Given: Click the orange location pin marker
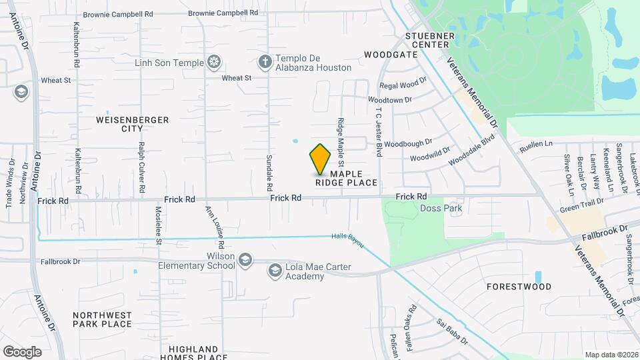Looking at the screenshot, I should tap(321, 159).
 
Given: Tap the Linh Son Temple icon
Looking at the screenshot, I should tap(214, 63).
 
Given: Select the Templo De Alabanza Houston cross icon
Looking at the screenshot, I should tap(265, 63).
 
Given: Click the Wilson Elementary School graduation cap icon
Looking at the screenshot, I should tap(245, 259).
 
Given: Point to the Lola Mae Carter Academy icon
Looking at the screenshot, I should tap(275, 270).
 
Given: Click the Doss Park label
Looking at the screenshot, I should tap(441, 208).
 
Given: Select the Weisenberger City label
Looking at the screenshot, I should tap(133, 124).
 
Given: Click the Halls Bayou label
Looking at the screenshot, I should tap(348, 241).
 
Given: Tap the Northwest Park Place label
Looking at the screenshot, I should tap(102, 319).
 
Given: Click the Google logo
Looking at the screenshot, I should tap(22, 351).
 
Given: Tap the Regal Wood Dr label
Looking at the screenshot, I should tap(403, 85).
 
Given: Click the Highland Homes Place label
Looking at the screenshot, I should tap(193, 353).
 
